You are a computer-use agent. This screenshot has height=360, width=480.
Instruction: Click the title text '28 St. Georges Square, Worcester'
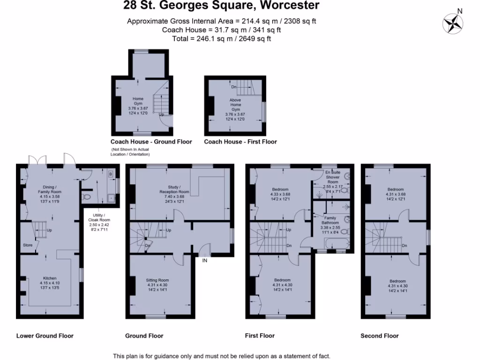pyautogui.click(x=221, y=6)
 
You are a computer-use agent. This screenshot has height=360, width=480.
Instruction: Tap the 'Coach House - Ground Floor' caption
pyautogui.click(x=151, y=142)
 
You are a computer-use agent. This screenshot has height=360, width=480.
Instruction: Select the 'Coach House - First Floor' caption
pyautogui.click(x=240, y=142)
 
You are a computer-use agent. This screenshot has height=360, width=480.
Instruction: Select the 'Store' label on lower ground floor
pyautogui.click(x=28, y=245)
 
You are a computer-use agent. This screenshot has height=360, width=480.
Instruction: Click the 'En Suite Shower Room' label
pyautogui.click(x=332, y=180)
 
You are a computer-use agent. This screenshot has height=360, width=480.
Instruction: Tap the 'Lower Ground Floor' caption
pyautogui.click(x=45, y=336)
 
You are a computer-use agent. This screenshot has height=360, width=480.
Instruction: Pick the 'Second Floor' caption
pyautogui.click(x=380, y=336)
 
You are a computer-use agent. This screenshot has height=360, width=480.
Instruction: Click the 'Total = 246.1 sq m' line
pyautogui.click(x=222, y=39)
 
